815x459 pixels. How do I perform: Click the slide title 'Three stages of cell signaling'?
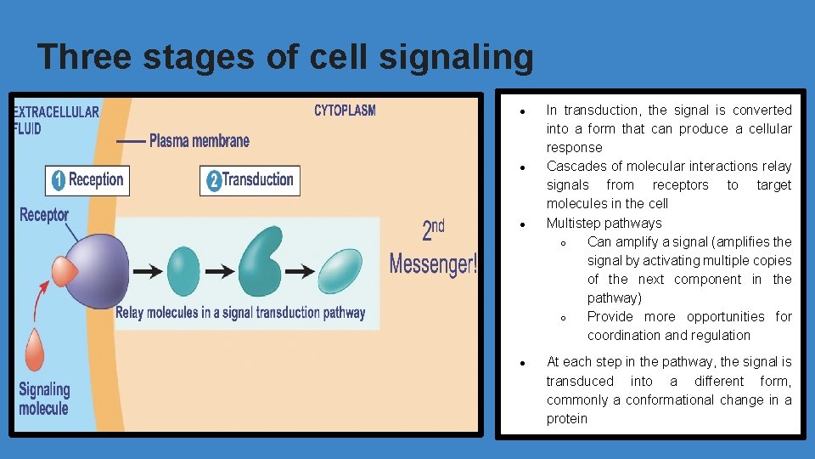pyautogui.click(x=286, y=58)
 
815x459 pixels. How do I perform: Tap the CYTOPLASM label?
pyautogui.click(x=345, y=110)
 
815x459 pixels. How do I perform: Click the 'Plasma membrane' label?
pyautogui.click(x=199, y=140)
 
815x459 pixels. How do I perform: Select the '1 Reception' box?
pyautogui.click(x=87, y=180)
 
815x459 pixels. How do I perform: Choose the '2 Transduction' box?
pyautogui.click(x=250, y=180)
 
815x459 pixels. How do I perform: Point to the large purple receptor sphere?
pyautogui.click(x=98, y=272)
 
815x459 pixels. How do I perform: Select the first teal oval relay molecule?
pyautogui.click(x=183, y=271)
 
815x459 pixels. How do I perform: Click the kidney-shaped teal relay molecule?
pyautogui.click(x=260, y=264)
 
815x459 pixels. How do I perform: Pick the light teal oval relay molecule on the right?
pyautogui.click(x=340, y=271)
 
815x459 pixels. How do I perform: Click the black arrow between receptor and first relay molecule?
pyautogui.click(x=149, y=272)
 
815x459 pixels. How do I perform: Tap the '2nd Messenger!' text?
pyautogui.click(x=433, y=249)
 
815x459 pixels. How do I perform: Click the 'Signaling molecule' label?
pyautogui.click(x=43, y=399)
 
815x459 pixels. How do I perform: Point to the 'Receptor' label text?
pyautogui.click(x=44, y=215)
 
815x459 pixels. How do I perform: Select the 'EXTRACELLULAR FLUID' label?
pyautogui.click(x=55, y=120)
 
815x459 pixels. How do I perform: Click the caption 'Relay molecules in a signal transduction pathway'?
pyautogui.click(x=240, y=313)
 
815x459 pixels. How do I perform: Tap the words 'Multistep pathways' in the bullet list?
pyautogui.click(x=604, y=224)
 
